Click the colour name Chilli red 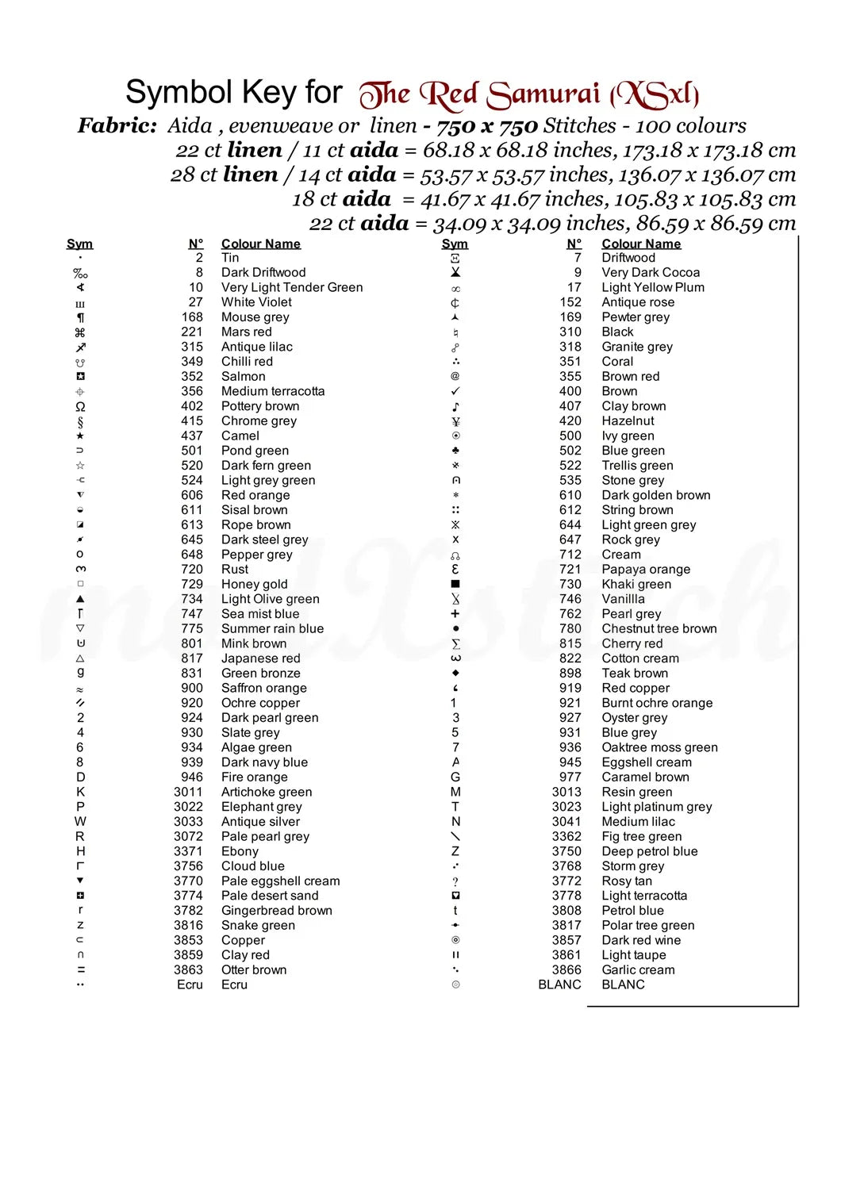pos(247,362)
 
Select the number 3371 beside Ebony pos(188,851)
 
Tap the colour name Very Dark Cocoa pos(651,272)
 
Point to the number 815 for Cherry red pos(570,643)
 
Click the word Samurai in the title pos(543,94)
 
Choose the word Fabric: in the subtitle pos(117,125)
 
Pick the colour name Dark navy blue pos(264,762)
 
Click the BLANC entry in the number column pos(559,985)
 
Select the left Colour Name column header pos(260,244)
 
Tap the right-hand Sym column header pos(455,244)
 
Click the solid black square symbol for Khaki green pos(455,584)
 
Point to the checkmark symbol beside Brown pos(455,391)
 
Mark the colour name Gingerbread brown pos(276,911)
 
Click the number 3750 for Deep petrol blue pos(566,851)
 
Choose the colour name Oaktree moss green pos(659,747)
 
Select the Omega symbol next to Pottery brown pos(80,406)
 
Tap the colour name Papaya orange pos(646,570)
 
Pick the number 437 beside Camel pos(192,436)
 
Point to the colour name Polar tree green pos(647,925)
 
